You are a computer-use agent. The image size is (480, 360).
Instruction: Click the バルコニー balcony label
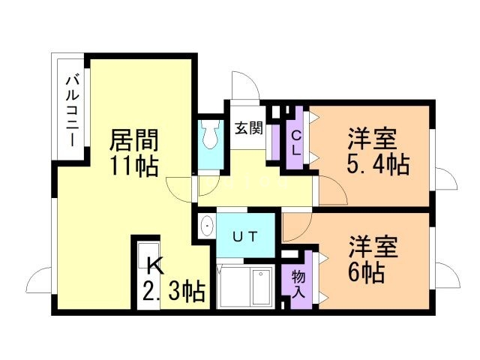pyautogui.click(x=73, y=112)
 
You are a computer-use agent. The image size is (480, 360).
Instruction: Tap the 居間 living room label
pyautogui.click(x=134, y=140)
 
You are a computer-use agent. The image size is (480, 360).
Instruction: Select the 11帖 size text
pyautogui.click(x=134, y=166)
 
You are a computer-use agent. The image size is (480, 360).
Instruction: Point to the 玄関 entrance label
pyautogui.click(x=249, y=128)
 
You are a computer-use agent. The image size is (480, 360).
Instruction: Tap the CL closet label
pyautogui.click(x=296, y=143)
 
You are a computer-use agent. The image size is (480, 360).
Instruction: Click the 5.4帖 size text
pyautogui.click(x=378, y=165)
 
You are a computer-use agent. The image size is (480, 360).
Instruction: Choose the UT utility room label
pyautogui.click(x=245, y=236)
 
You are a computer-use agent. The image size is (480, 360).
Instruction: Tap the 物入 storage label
pyautogui.click(x=298, y=284)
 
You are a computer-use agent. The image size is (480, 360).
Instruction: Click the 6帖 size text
pyautogui.click(x=367, y=273)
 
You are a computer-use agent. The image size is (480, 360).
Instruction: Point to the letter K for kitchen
pyautogui.click(x=155, y=267)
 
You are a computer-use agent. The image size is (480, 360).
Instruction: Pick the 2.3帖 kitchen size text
pyautogui.click(x=173, y=292)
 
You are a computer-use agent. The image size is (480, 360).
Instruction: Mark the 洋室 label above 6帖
pyautogui.click(x=373, y=247)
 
